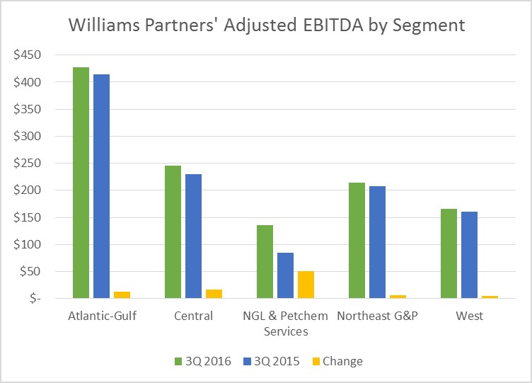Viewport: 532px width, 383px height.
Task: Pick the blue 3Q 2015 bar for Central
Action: click(x=193, y=236)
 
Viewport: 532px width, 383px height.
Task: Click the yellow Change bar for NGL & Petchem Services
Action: click(x=306, y=285)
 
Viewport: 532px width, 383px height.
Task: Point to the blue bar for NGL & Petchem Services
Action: click(x=285, y=275)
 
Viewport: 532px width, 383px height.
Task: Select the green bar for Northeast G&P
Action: click(x=357, y=241)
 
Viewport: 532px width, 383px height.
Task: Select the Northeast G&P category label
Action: click(x=377, y=316)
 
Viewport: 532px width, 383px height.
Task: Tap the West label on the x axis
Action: click(x=469, y=316)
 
